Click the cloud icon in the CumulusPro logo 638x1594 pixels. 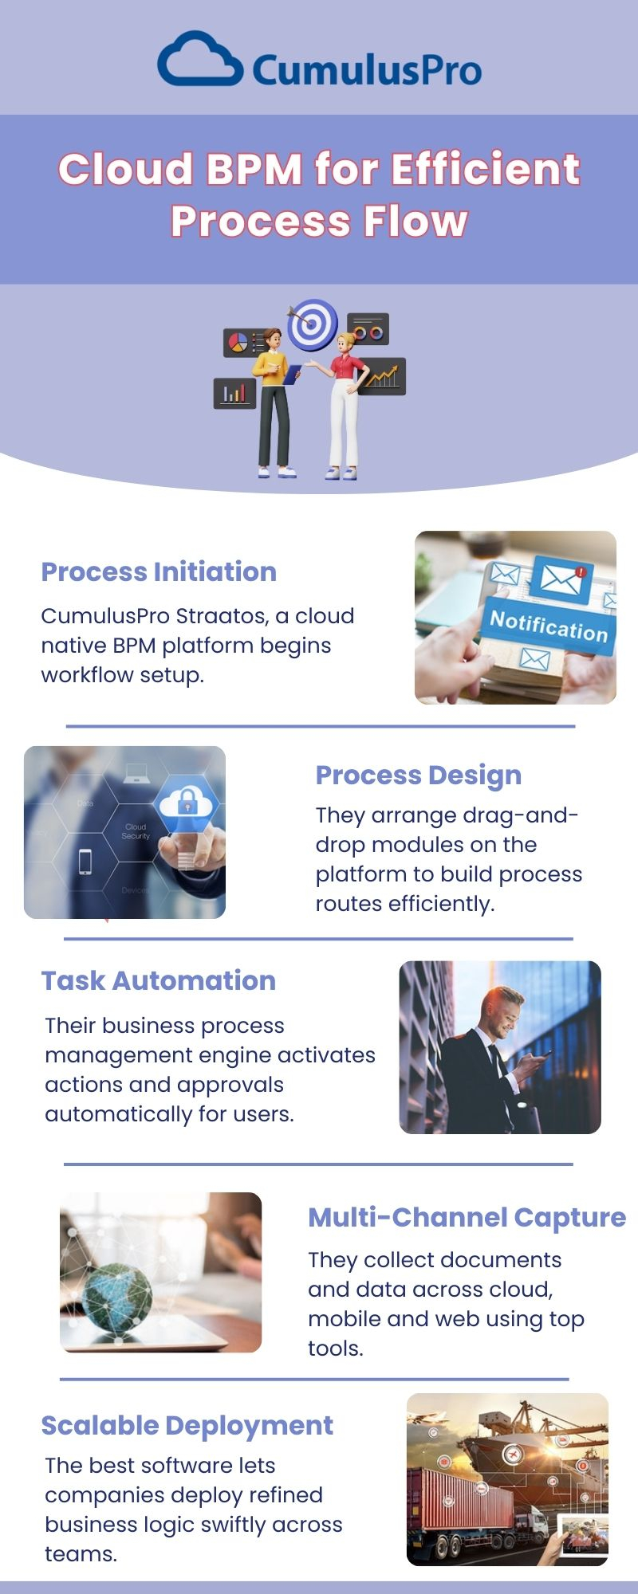200,60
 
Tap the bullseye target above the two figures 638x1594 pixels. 313,324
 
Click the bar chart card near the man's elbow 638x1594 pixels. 234,393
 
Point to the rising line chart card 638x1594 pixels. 382,376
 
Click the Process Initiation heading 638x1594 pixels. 159,571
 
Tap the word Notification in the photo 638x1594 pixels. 549,626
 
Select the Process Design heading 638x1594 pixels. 419,775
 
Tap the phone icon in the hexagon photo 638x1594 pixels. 85,862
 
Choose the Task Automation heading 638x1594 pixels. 159,980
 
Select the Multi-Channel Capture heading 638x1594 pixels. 467,1217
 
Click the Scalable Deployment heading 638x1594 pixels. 187,1425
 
